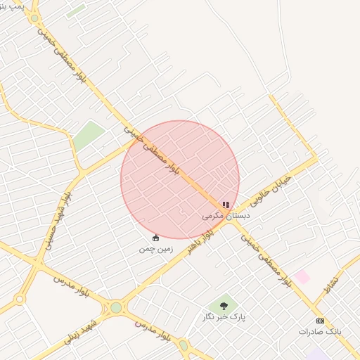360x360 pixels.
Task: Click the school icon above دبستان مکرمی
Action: tap(226, 205)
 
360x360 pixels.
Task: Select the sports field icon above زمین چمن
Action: tap(155, 238)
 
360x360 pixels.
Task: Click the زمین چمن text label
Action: tap(155, 248)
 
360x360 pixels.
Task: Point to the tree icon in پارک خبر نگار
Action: tap(224, 306)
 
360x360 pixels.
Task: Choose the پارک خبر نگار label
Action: tap(229, 317)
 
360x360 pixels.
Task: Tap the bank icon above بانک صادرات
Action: tap(320, 321)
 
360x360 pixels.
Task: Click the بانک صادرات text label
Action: tap(320, 331)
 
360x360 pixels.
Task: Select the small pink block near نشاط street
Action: tap(302, 276)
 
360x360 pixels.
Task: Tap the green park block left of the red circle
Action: tap(88, 135)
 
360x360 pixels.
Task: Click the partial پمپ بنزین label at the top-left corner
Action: tap(13, 6)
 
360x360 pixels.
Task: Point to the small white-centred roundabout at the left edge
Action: tap(20, 299)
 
